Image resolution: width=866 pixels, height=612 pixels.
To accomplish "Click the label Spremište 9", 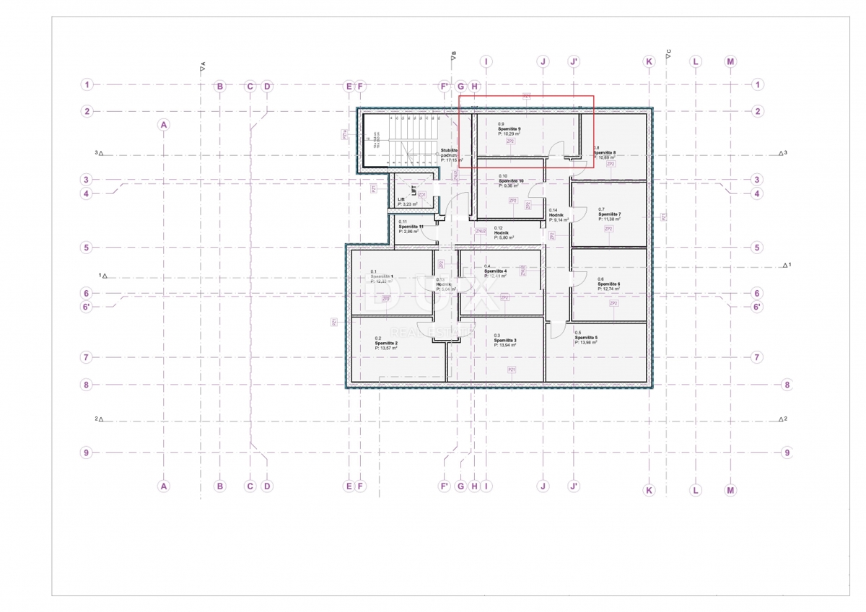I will pyautogui.click(x=509, y=129).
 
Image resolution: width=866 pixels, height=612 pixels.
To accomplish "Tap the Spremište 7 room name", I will pyautogui.click(x=609, y=214).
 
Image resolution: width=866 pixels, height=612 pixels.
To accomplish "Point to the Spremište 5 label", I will pyautogui.click(x=586, y=337).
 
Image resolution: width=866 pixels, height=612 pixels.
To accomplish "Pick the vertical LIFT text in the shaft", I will pyautogui.click(x=414, y=191).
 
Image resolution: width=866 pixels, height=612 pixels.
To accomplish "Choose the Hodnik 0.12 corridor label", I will pyautogui.click(x=503, y=232).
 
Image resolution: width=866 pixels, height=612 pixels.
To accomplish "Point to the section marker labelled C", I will pyautogui.click(x=668, y=51).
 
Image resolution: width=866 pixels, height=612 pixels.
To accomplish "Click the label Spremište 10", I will pyautogui.click(x=511, y=180).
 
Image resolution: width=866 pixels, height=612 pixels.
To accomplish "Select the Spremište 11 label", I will pyautogui.click(x=411, y=227).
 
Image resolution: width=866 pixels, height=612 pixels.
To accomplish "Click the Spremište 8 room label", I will pyautogui.click(x=605, y=152).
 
